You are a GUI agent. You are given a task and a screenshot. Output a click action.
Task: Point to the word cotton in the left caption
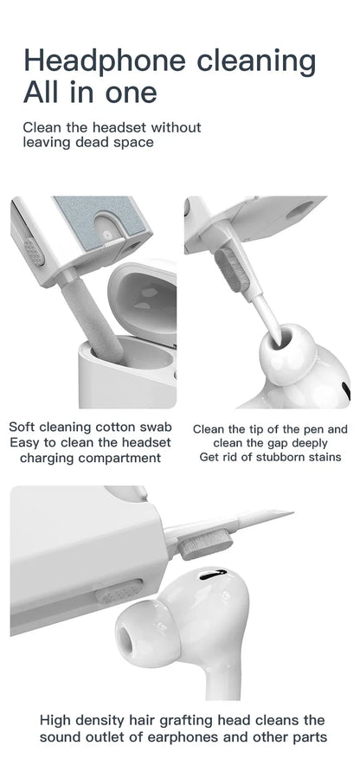coord(118,427)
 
